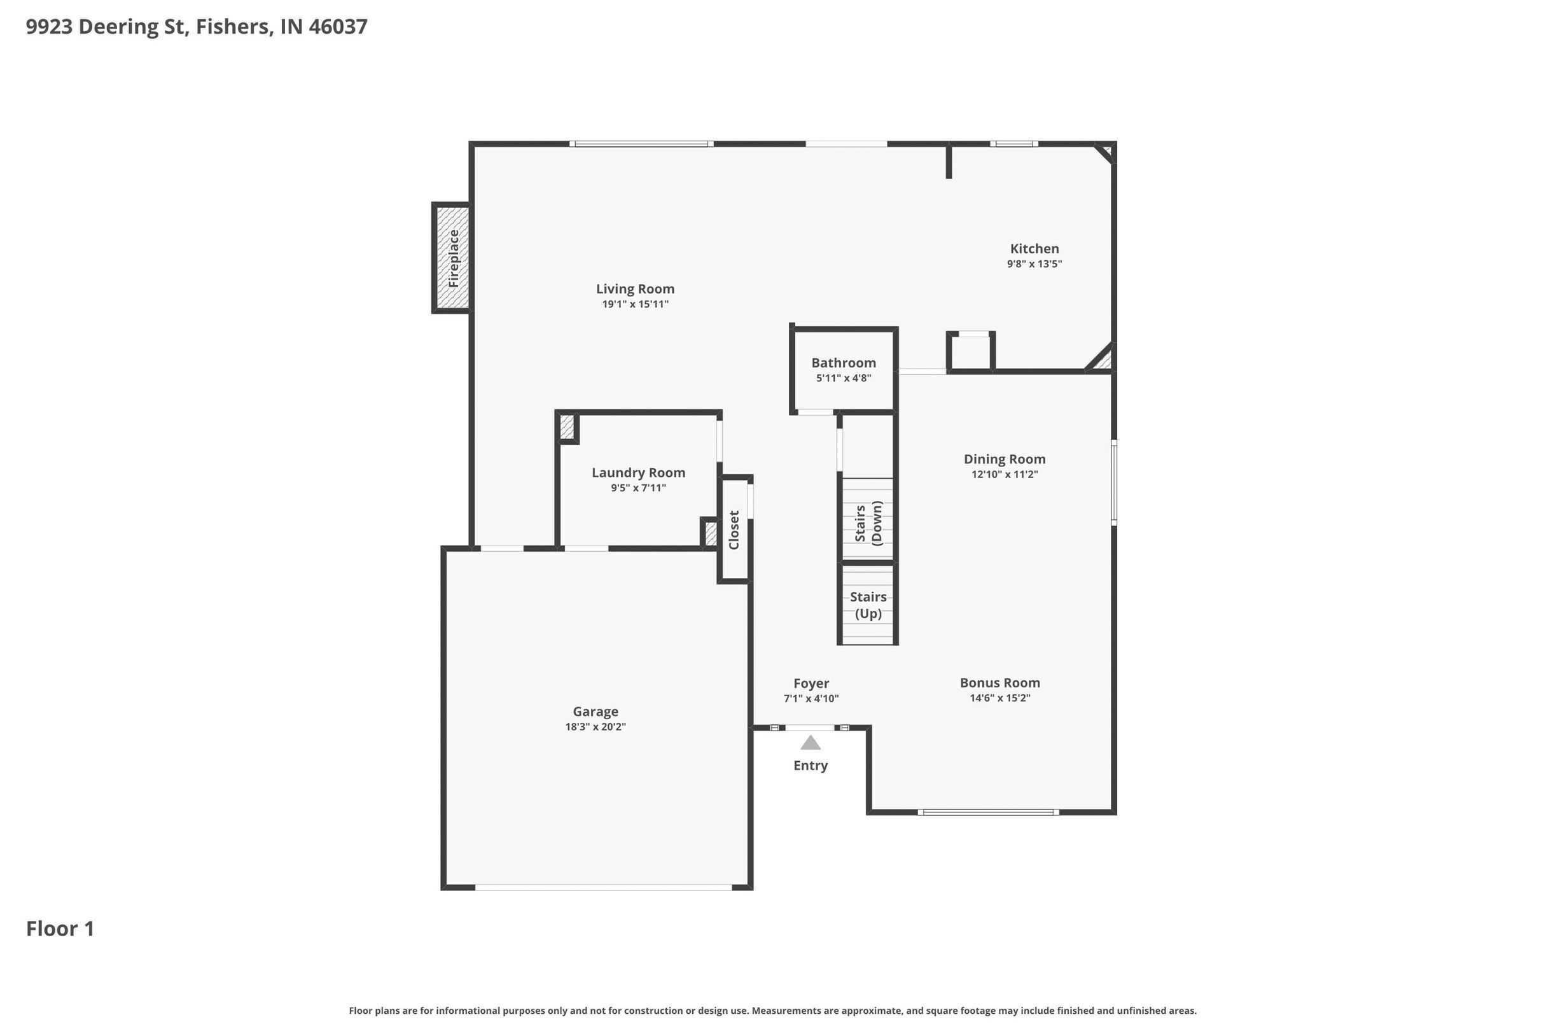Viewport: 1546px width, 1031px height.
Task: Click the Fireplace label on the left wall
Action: click(454, 258)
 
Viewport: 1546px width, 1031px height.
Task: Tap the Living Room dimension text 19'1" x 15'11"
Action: click(635, 304)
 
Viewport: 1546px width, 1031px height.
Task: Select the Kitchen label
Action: click(1034, 249)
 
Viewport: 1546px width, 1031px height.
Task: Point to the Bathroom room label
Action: click(844, 363)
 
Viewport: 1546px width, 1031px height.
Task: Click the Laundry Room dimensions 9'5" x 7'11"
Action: click(637, 488)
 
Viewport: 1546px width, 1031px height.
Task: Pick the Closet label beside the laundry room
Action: click(734, 530)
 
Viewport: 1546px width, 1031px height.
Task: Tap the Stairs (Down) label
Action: click(868, 523)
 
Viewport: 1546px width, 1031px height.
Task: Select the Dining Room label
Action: click(1004, 459)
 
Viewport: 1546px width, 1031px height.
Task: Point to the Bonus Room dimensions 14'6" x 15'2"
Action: click(999, 698)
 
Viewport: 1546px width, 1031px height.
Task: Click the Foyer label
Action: click(811, 683)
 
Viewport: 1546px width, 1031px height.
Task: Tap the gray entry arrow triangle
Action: click(810, 743)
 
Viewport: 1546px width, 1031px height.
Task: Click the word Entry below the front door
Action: click(810, 766)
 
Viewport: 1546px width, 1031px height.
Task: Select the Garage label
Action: click(595, 712)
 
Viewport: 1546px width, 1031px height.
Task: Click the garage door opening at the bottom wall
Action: click(602, 887)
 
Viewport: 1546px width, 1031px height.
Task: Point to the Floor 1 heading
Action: click(60, 929)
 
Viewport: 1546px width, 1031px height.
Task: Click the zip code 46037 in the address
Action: click(338, 27)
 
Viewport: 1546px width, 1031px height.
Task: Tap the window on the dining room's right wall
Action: click(1113, 482)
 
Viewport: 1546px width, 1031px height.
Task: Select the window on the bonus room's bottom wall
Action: click(987, 813)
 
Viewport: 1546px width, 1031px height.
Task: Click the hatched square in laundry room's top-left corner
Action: click(567, 428)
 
